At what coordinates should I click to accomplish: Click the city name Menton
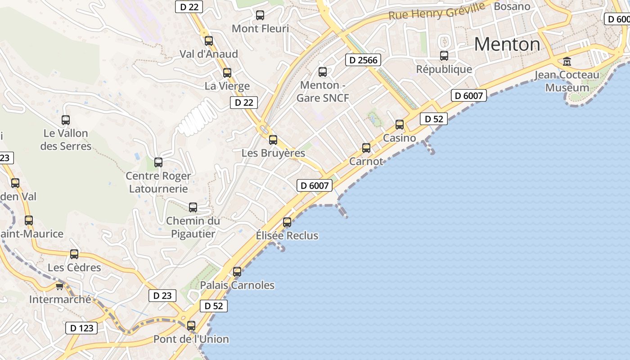click(507, 44)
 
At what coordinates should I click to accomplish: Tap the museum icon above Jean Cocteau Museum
click(567, 61)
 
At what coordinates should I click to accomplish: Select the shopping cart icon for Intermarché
click(59, 286)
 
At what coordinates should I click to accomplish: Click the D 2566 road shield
click(363, 60)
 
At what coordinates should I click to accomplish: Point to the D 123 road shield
click(82, 328)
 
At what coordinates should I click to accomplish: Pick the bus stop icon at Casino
click(400, 125)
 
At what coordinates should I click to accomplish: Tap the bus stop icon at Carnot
click(366, 148)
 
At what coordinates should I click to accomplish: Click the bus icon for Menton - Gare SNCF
click(323, 72)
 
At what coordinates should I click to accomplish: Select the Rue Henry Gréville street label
click(436, 10)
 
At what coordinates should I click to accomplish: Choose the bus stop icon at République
click(444, 56)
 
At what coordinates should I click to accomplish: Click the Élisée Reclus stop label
click(287, 235)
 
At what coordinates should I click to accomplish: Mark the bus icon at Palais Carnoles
click(237, 272)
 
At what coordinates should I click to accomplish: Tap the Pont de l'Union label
click(191, 339)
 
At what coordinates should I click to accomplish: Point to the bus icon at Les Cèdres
click(74, 254)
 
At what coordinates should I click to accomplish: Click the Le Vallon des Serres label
click(66, 139)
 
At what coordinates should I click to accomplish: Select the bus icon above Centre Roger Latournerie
click(158, 162)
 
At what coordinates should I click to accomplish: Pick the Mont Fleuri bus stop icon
click(260, 15)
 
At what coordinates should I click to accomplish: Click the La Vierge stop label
click(227, 85)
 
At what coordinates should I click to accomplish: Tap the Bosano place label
click(512, 6)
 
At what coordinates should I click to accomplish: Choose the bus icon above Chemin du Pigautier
click(193, 207)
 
